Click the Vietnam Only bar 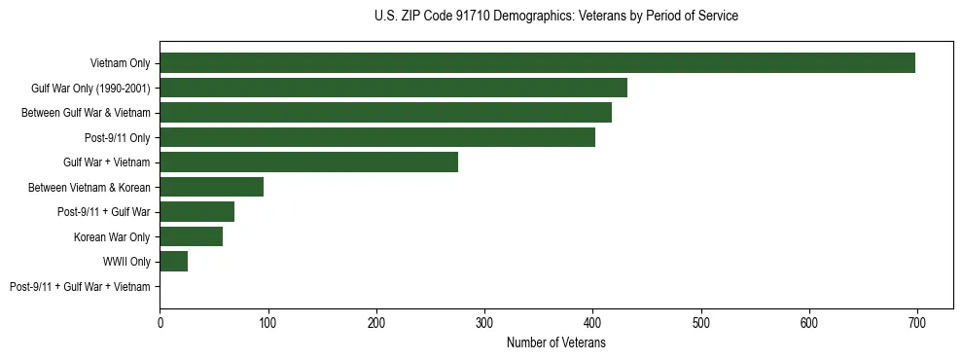537,63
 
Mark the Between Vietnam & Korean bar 211,187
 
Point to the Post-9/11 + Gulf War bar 196,212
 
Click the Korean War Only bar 191,236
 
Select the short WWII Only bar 173,262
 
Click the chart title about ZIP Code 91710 555,17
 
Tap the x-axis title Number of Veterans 555,342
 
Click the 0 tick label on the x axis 160,322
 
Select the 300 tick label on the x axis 484,322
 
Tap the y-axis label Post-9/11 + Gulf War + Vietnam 80,286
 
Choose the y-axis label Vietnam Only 120,63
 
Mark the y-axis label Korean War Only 112,236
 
